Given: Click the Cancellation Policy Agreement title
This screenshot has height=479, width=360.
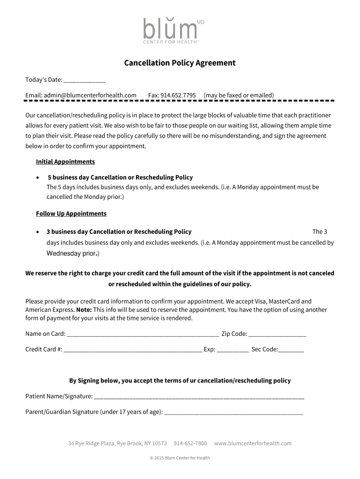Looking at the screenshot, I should [180, 63].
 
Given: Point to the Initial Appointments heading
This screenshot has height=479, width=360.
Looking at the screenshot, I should [65, 162].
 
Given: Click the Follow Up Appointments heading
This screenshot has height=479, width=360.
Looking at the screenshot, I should [71, 214].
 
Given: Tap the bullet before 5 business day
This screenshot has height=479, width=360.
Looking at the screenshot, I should [38, 178].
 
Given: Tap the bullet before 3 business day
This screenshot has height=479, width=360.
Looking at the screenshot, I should [38, 232].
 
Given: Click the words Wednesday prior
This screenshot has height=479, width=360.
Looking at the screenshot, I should [72, 254].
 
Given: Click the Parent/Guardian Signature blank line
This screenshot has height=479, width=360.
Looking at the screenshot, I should [234, 413].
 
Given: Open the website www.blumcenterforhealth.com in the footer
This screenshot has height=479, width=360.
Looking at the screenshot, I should [252, 443].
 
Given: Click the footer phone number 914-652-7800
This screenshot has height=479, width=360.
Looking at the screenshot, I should [190, 443].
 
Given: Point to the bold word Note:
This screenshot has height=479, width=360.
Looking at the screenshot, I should [84, 310].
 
